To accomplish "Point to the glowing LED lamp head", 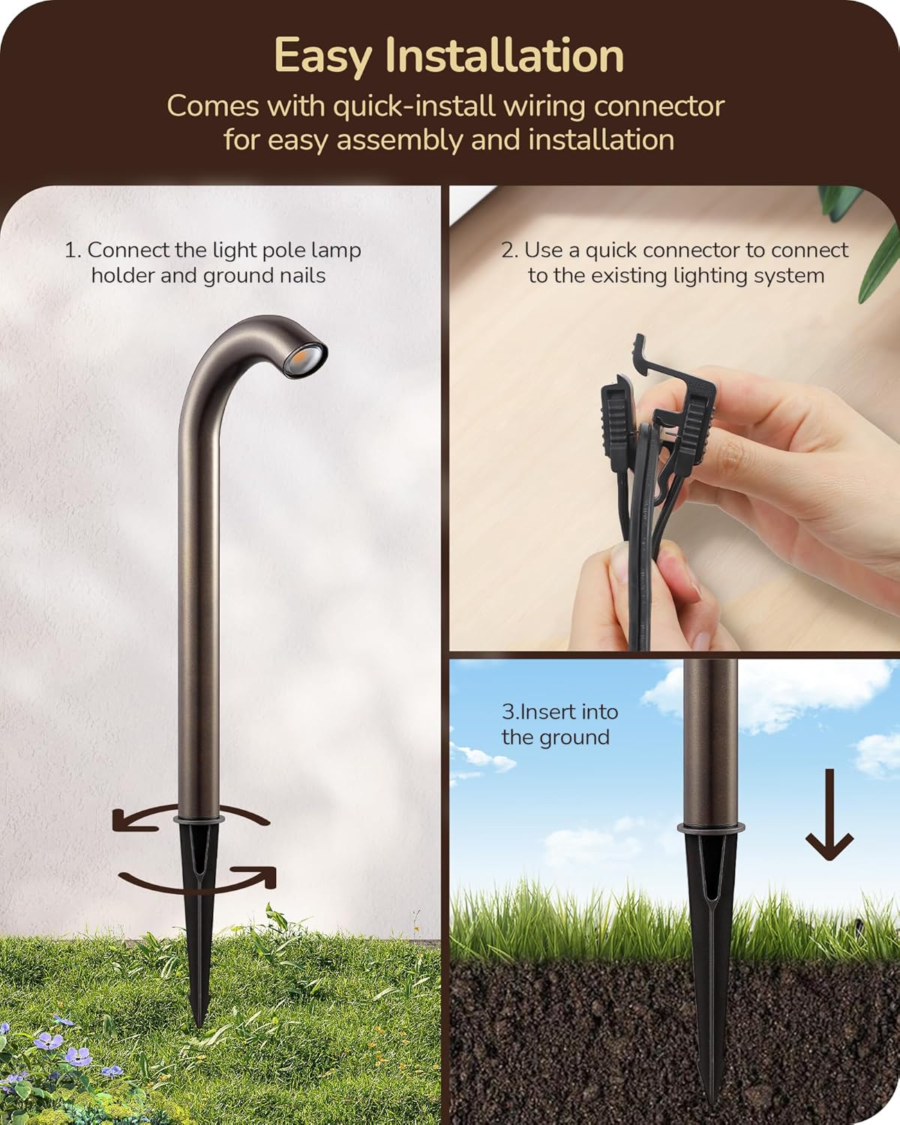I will pos(311,350).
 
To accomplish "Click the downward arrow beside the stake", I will pos(829,817).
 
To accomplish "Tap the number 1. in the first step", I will pos(73,250).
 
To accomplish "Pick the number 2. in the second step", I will pos(509,250).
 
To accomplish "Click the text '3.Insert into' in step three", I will pos(559,712).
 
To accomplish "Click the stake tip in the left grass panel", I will pos(199,1020).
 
